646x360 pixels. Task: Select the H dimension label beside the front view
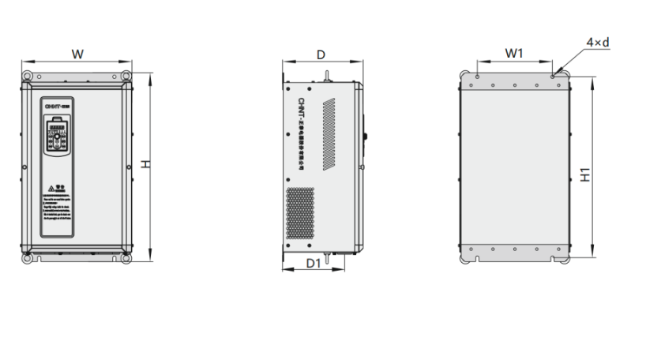145,163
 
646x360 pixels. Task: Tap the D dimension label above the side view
321,54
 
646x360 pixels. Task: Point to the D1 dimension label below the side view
313,261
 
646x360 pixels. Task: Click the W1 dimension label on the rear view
514,53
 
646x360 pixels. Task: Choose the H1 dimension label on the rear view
584,174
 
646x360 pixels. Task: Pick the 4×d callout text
597,42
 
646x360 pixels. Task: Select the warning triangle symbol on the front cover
51,189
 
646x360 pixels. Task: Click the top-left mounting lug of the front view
28,76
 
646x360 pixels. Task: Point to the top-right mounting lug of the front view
126,76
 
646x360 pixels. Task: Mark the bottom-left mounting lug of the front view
28,257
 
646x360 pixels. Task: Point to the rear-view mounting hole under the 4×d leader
552,77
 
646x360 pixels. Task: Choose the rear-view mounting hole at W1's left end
478,77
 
